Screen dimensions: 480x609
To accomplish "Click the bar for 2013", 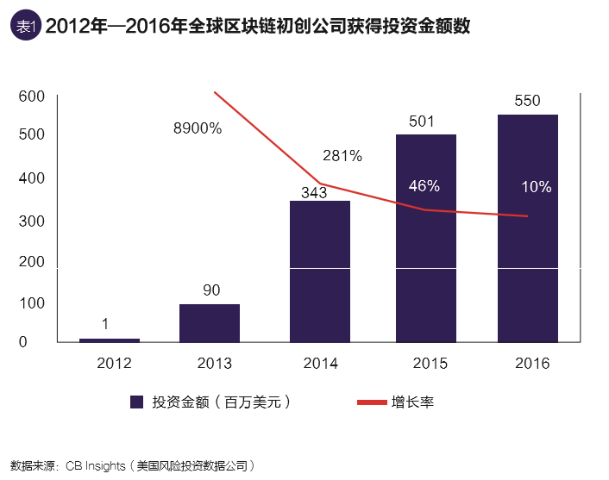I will click(210, 323).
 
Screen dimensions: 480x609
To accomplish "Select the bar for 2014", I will click(320, 271).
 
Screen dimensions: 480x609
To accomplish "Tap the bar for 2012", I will click(110, 340).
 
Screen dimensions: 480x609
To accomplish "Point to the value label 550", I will click(527, 101).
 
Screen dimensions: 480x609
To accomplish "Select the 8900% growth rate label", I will click(198, 128).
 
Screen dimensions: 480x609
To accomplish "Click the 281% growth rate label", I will click(342, 156).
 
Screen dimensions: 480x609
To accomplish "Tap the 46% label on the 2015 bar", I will click(424, 186).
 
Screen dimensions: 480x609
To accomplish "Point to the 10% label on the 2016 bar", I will click(537, 187).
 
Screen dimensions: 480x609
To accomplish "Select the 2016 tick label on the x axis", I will click(531, 364).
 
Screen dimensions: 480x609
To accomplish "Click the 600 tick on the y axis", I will click(31, 97).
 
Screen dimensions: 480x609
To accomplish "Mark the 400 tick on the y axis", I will click(31, 178).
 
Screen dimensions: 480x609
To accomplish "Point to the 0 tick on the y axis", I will click(24, 342).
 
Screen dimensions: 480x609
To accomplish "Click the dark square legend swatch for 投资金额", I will click(136, 402).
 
